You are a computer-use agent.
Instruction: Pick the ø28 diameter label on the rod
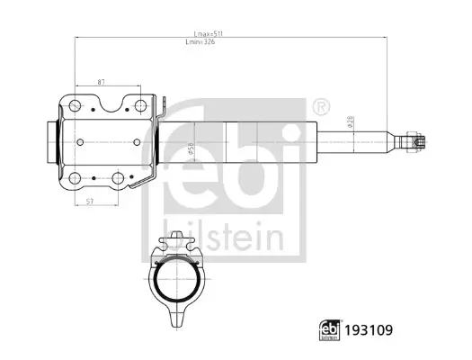click(352, 122)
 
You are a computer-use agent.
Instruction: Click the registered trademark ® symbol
click(321, 107)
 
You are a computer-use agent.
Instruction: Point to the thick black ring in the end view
click(178, 282)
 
